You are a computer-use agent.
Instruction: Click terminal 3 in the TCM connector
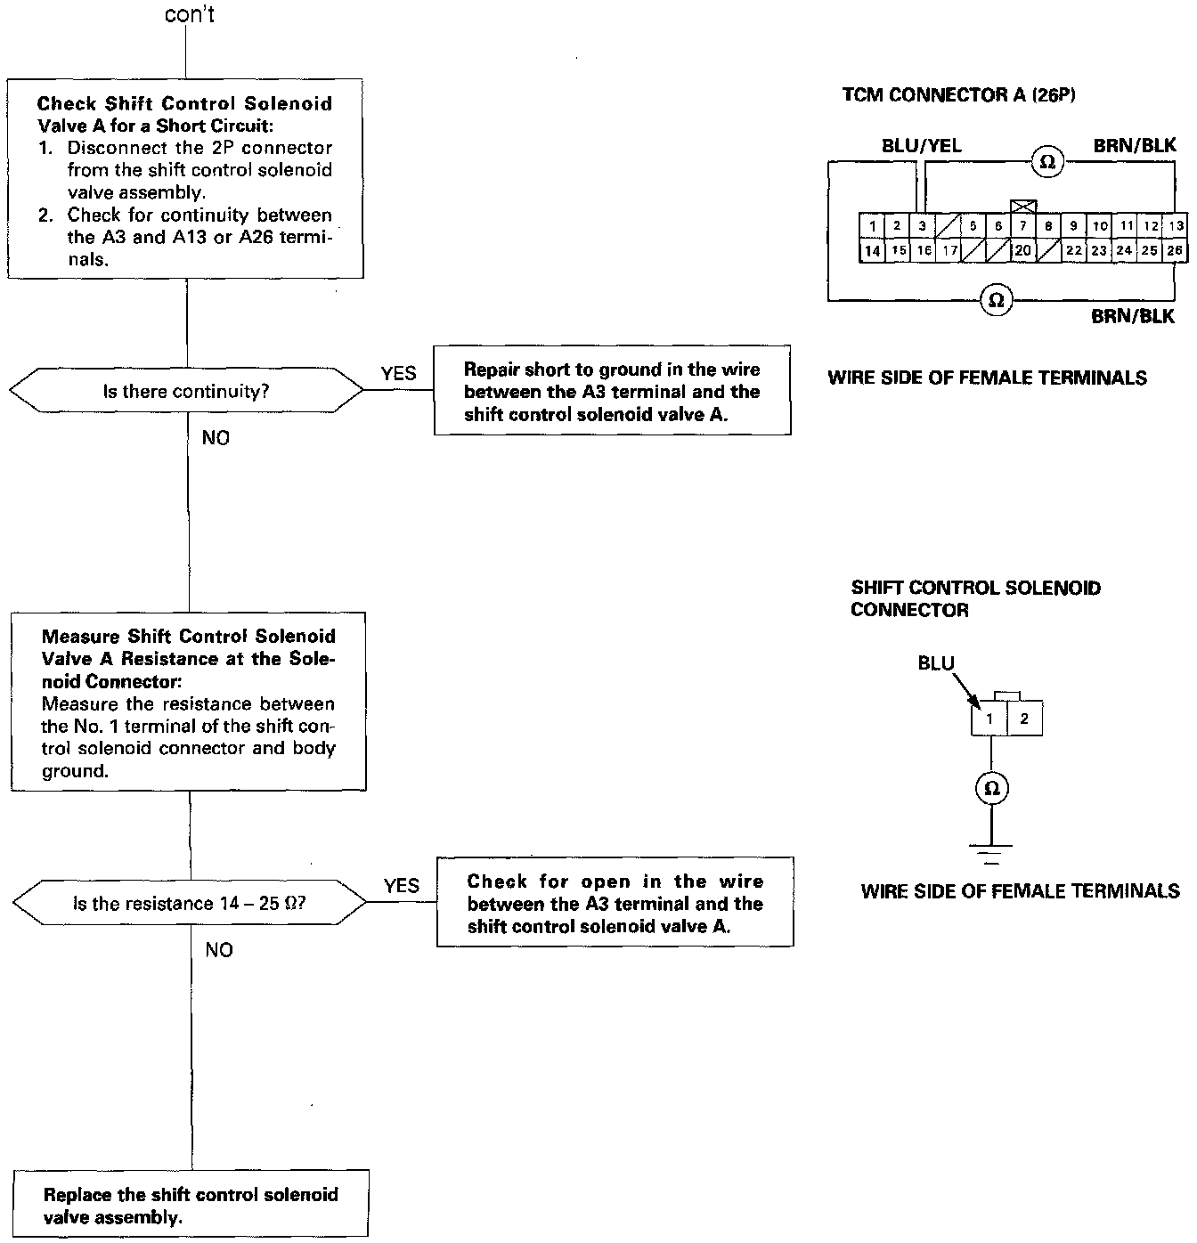tap(923, 226)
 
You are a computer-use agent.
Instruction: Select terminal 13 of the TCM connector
tap(1177, 226)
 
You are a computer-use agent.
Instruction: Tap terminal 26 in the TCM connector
tap(1176, 250)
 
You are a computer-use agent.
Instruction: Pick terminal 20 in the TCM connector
tap(1022, 251)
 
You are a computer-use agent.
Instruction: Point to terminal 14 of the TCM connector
tap(872, 251)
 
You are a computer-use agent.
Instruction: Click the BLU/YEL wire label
tap(921, 146)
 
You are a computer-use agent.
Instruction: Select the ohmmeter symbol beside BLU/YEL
tap(1047, 161)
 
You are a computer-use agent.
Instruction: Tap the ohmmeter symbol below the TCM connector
tap(997, 301)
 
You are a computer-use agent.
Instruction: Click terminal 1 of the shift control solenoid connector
tap(989, 719)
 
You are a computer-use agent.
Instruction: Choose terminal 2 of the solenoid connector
tap(1024, 719)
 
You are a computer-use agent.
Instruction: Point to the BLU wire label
tap(935, 663)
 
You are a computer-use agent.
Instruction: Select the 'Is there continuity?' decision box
tap(186, 391)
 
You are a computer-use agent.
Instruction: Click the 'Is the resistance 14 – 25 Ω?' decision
tap(189, 904)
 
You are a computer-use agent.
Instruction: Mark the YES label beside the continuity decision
tap(398, 374)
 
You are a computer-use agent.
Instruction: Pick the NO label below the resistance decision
tap(218, 950)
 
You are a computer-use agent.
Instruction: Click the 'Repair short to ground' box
tap(612, 391)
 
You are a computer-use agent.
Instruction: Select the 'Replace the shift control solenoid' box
tap(191, 1205)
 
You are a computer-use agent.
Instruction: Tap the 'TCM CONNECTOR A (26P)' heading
tap(958, 95)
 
